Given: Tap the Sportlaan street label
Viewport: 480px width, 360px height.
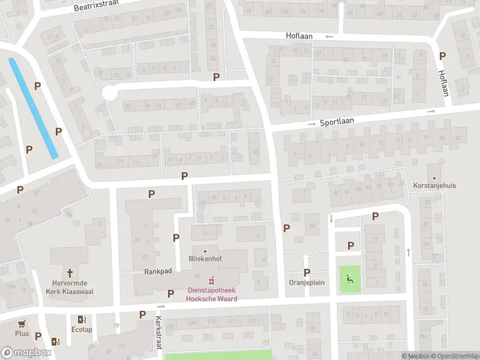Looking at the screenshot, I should (337, 121).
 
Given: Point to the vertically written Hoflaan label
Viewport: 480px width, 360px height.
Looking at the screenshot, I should (443, 82).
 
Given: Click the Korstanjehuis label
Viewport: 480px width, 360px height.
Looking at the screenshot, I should (434, 185).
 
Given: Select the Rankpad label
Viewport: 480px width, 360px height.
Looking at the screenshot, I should (158, 271).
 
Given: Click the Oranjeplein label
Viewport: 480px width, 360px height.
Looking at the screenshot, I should (307, 283).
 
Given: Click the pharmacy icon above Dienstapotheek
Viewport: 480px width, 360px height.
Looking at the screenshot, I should (211, 280).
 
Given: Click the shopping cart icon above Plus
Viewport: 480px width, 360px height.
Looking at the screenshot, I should (22, 323).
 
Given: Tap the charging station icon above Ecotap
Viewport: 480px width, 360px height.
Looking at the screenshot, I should (82, 319).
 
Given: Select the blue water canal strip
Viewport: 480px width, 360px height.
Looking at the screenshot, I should (34, 108).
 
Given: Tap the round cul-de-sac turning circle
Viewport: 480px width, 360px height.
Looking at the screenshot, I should (109, 93).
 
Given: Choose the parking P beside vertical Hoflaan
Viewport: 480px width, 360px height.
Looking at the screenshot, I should (443, 56).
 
